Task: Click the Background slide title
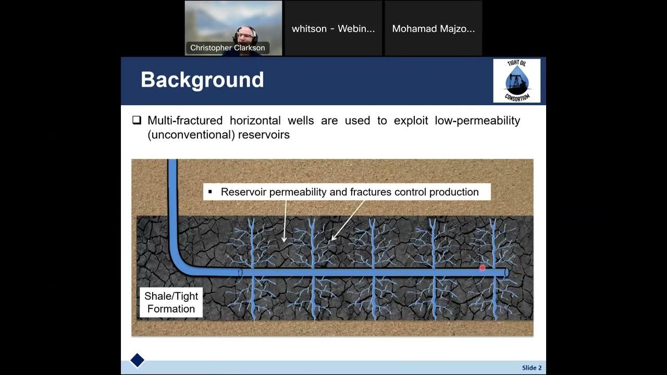point(202,80)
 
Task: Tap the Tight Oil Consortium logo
point(516,81)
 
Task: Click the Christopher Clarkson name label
point(227,48)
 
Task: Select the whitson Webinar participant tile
point(333,29)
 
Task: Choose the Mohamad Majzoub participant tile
point(433,29)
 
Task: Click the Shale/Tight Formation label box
point(171,303)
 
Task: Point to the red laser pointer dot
point(482,268)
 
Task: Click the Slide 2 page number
point(532,368)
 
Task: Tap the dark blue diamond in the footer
point(137,360)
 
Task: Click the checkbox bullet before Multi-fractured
point(137,120)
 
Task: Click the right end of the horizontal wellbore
point(505,272)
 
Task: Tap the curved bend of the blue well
point(180,263)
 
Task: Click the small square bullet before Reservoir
point(210,192)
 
